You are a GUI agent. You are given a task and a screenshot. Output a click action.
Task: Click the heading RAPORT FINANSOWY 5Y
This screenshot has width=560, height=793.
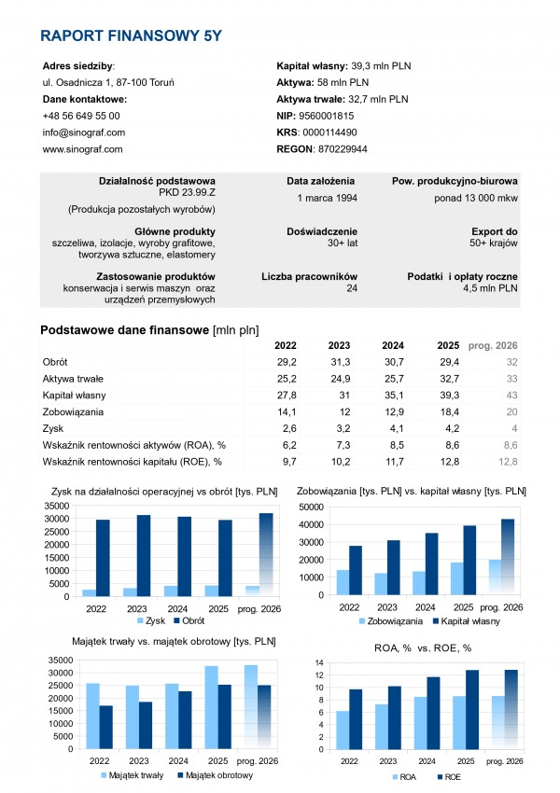coord(132,36)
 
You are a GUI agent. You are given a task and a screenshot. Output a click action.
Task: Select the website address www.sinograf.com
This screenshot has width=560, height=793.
coord(83,148)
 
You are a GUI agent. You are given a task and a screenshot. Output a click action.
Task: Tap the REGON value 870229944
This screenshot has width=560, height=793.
coord(342,148)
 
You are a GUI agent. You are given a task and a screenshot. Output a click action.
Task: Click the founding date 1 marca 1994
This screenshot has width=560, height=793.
coord(326,198)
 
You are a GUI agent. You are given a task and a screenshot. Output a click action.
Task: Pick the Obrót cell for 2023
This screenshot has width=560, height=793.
coord(339,361)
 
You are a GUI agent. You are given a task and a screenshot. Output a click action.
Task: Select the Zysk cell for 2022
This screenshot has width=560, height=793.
coord(287,428)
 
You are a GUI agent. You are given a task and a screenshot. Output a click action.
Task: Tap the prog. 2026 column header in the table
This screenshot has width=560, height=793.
coord(492,345)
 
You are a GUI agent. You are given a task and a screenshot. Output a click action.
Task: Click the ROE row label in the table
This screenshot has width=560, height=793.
coord(133,461)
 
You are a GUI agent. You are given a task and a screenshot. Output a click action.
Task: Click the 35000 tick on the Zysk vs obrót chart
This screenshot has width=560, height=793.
coord(58,507)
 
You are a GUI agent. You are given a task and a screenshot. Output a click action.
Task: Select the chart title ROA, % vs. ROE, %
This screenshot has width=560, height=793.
coord(411,646)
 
